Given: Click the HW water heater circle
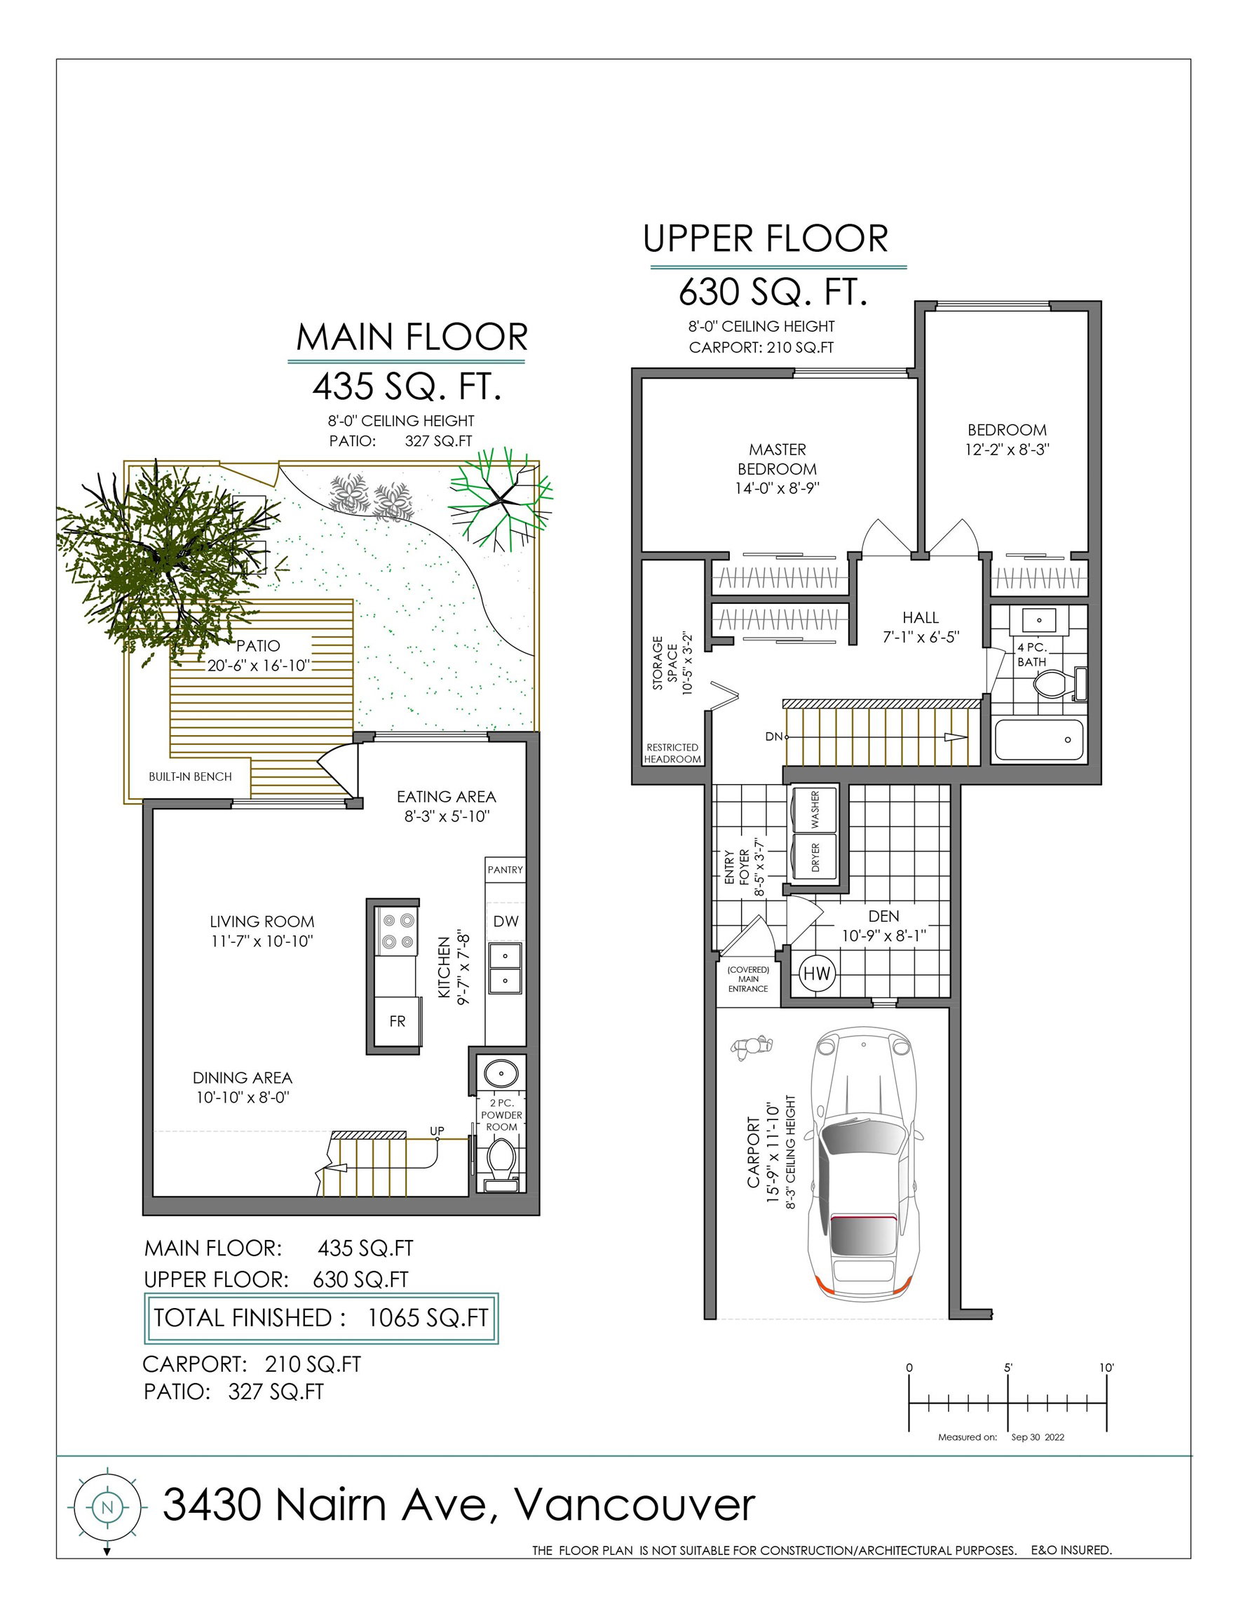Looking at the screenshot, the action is coord(817,974).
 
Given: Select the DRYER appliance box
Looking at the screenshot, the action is coord(815,857).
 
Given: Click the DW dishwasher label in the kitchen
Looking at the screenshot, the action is coord(506,921).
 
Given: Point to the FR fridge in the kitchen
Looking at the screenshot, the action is coord(398,1021).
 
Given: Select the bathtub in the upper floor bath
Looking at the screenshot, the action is coord(1039,740).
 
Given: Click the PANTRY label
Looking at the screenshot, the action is coord(506,870).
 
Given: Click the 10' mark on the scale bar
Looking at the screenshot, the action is coord(1106,1368).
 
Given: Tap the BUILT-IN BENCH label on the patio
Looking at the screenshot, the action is coord(190,776).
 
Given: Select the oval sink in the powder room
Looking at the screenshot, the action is coord(501,1072).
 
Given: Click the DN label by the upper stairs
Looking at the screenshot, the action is coord(773,737).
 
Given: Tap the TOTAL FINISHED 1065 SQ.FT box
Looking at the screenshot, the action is coord(321,1318).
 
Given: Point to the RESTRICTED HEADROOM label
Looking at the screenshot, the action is coord(672,753).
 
